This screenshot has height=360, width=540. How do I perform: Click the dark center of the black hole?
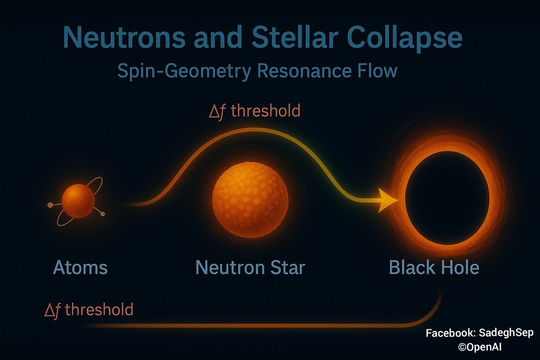coord(447,198)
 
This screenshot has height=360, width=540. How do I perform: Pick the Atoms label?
coord(81,268)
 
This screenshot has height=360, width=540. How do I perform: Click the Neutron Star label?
coord(250,268)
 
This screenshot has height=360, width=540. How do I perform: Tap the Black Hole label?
coord(434,268)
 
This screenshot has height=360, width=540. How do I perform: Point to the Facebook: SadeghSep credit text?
coord(479,333)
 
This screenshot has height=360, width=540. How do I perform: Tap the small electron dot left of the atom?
coord(49,205)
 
